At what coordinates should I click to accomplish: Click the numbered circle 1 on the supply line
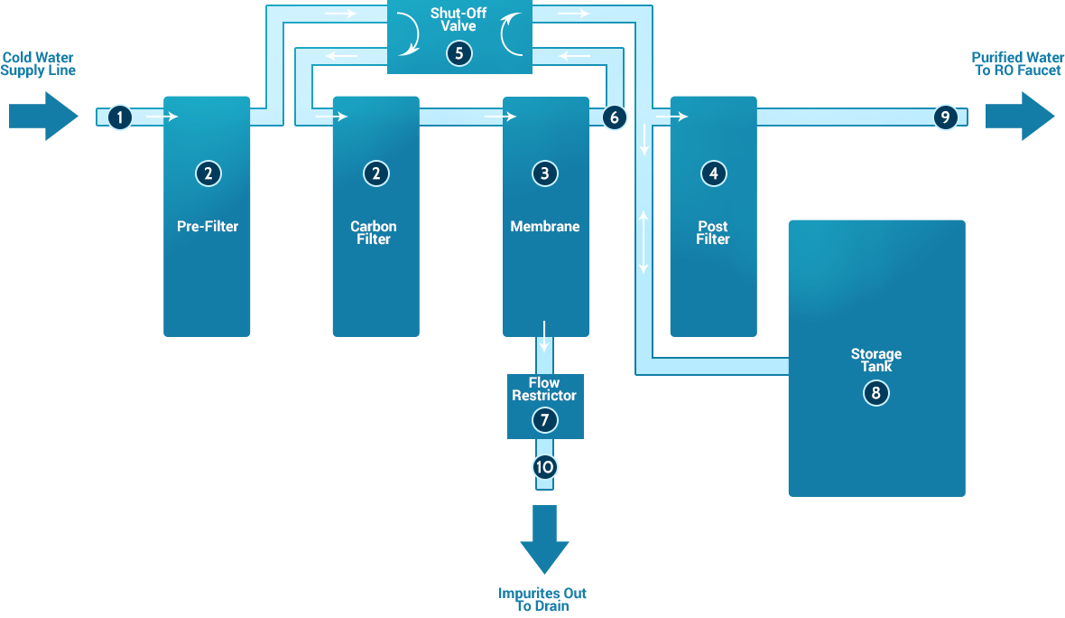[120, 117]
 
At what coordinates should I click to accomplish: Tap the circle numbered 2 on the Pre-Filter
[208, 173]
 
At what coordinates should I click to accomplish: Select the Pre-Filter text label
[208, 227]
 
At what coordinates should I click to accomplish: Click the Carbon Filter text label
[374, 233]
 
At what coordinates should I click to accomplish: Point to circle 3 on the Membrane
[544, 173]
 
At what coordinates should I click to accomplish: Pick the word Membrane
[544, 227]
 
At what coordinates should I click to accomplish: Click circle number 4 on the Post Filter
[713, 173]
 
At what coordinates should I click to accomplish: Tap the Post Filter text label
[713, 233]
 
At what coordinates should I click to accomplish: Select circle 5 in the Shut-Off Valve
[458, 53]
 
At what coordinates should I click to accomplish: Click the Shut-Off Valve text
[458, 20]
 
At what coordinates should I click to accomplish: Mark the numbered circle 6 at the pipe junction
[614, 117]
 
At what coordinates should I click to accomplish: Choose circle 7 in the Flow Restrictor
[544, 420]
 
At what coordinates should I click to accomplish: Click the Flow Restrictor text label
[544, 389]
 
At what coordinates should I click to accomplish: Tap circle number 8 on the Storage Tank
[875, 393]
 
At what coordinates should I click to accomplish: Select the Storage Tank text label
[875, 360]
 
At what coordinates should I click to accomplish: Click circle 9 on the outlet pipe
[945, 117]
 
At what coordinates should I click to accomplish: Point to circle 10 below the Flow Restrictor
[544, 467]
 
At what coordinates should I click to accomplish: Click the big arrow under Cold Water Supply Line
[43, 117]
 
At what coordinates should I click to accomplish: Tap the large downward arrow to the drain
[544, 540]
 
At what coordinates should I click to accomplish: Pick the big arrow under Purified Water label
[1020, 117]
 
